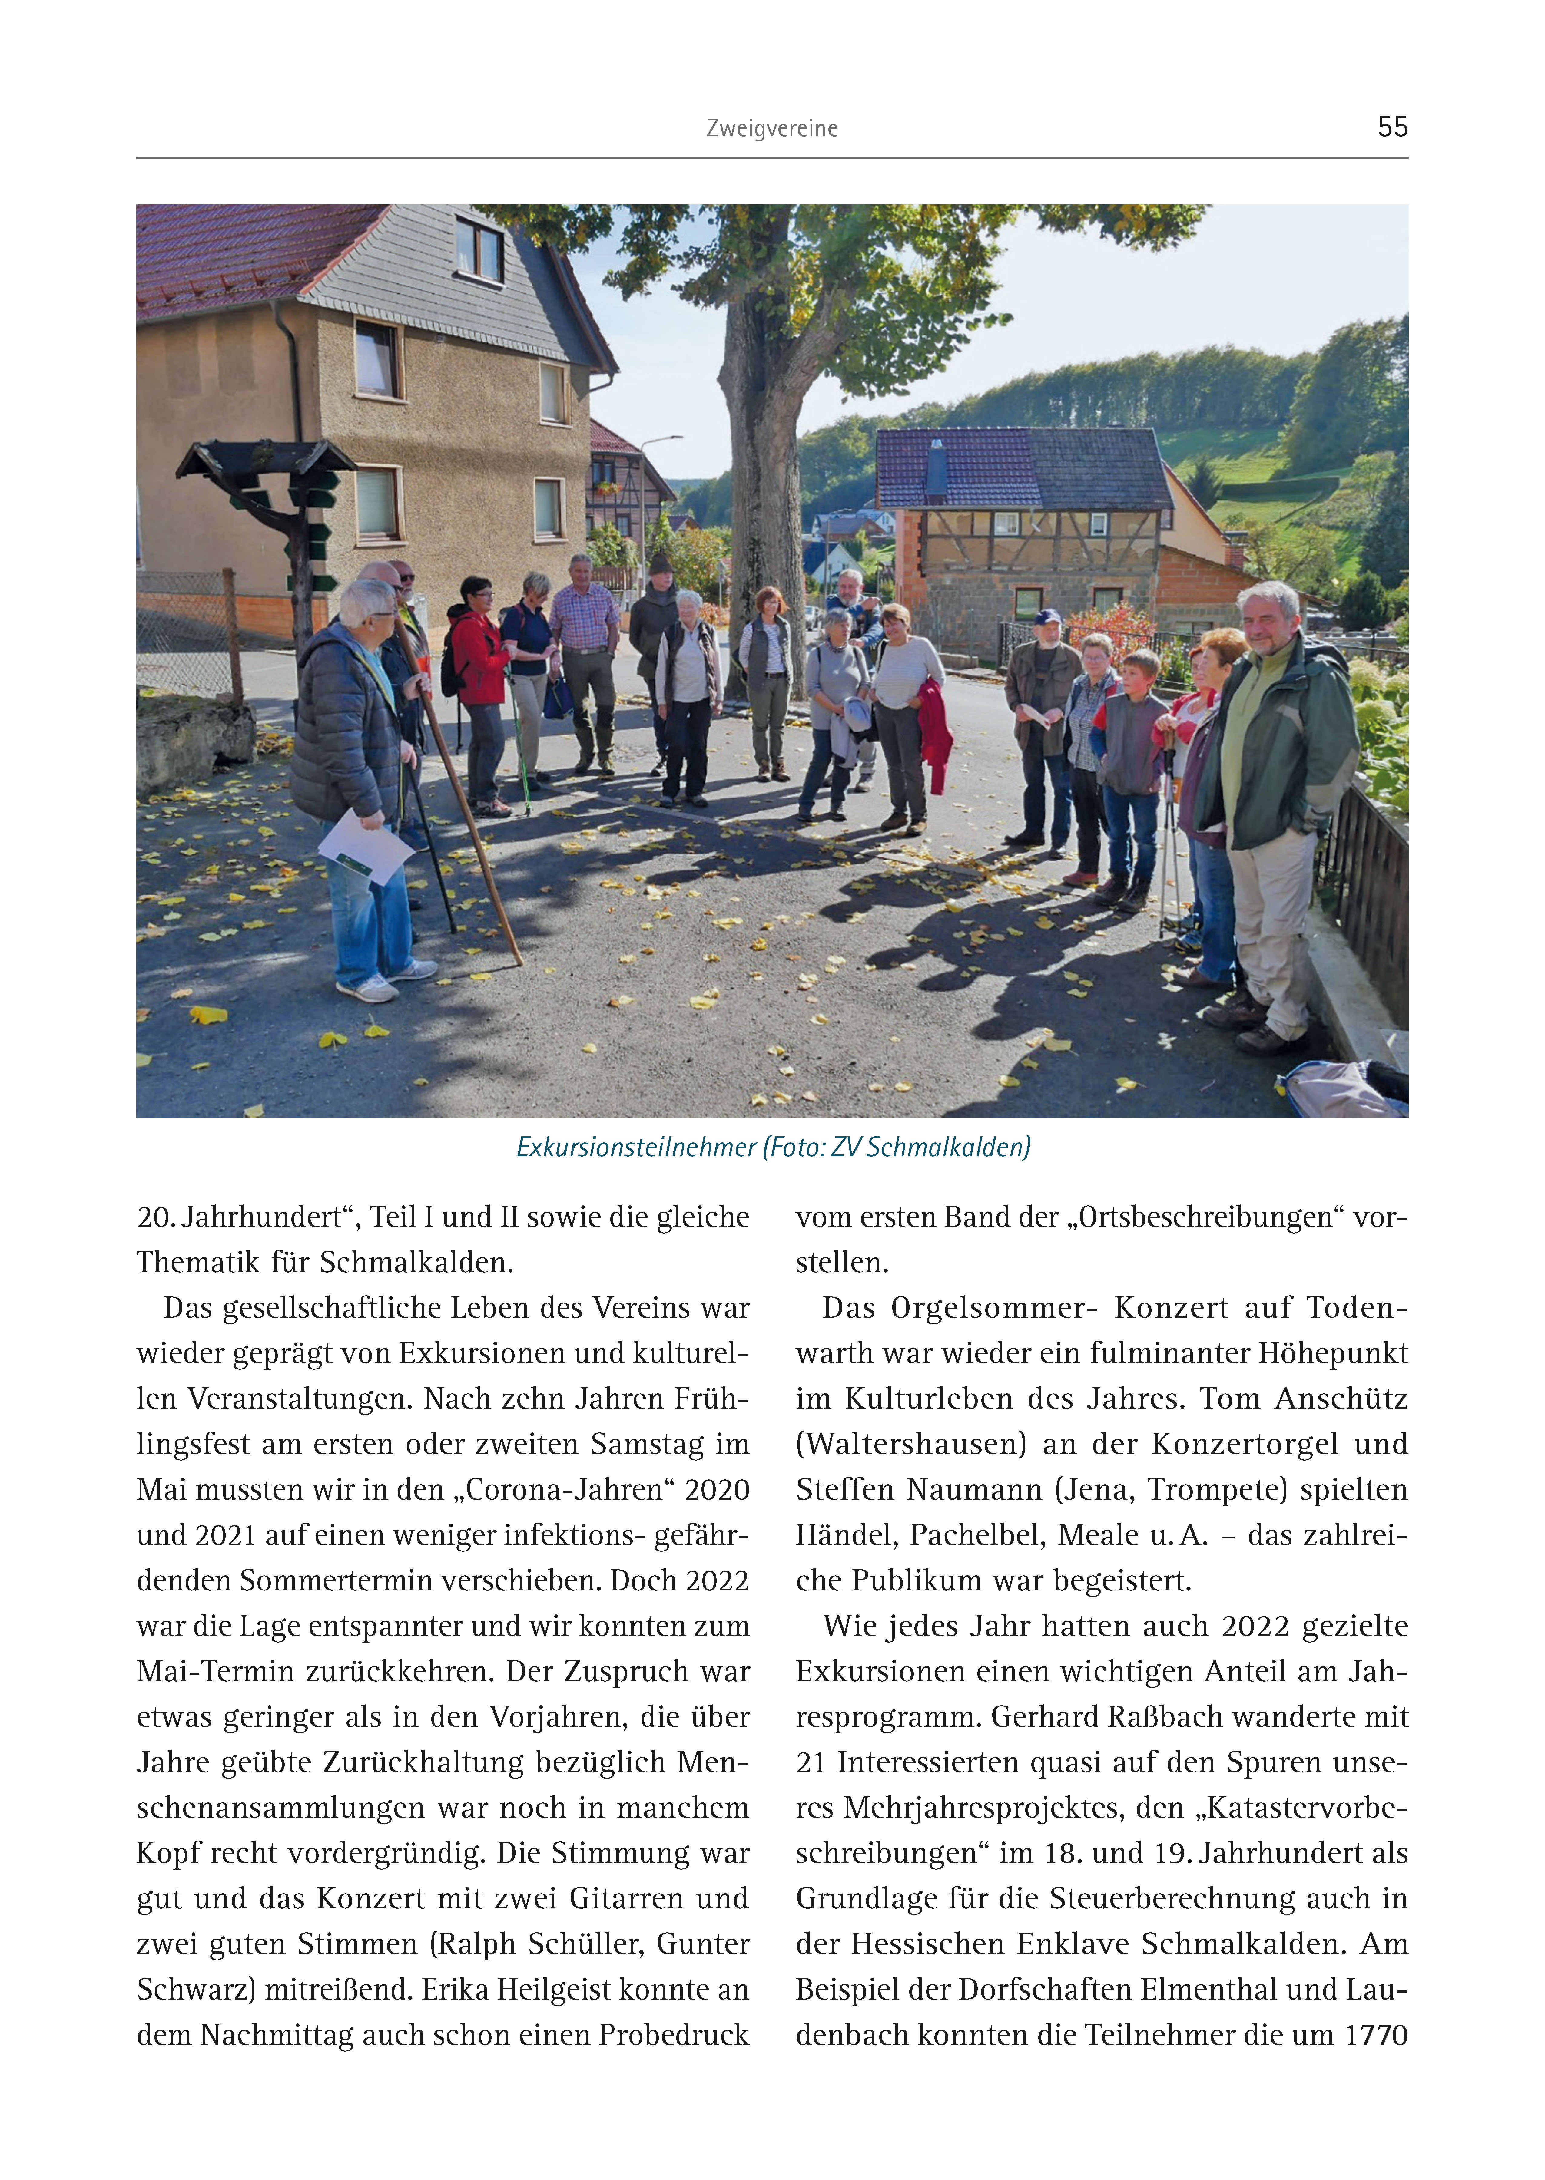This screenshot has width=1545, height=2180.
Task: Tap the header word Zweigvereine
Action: [771, 128]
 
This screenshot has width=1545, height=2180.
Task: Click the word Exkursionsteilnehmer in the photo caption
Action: [635, 1147]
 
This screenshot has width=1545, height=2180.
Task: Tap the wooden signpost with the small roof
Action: [285, 514]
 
